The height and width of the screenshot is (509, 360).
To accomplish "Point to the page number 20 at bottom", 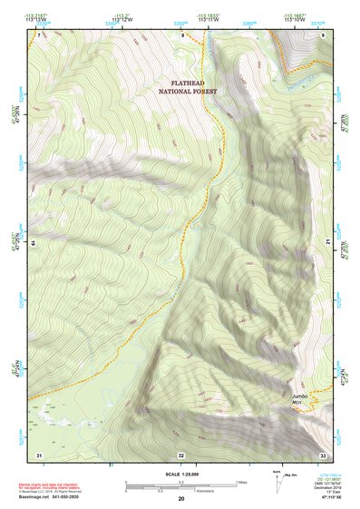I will click(x=181, y=499).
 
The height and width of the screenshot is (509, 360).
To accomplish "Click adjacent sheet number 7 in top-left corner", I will click(x=39, y=34).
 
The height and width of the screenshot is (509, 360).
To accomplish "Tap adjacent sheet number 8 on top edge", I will click(x=181, y=34).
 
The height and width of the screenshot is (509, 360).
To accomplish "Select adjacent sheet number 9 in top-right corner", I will click(x=324, y=34).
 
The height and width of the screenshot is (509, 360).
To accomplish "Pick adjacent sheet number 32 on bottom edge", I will click(x=181, y=455).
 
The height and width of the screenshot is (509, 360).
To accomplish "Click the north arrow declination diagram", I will click(x=277, y=481).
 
